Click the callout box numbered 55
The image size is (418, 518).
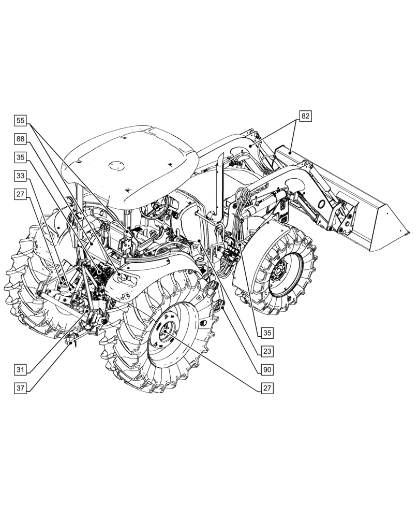(20, 121)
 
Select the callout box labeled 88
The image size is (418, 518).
(20, 139)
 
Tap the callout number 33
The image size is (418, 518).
(20, 176)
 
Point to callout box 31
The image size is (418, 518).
(20, 370)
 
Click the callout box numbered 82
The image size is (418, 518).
(305, 117)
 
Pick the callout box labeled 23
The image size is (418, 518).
(267, 351)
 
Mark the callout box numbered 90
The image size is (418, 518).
(267, 370)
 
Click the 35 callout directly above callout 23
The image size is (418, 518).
(267, 333)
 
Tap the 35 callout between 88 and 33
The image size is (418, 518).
(20, 157)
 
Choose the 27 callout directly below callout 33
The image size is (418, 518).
(20, 195)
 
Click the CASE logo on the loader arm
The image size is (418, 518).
(259, 190)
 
